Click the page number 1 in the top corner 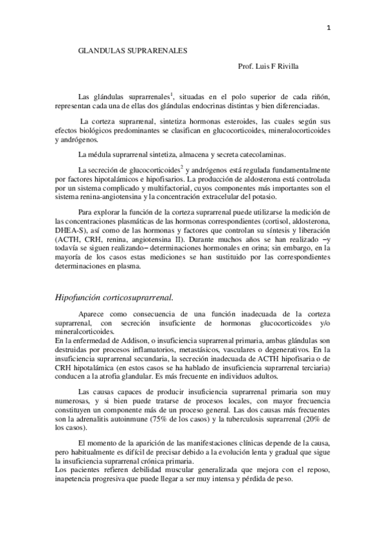pyautogui.click(x=328, y=28)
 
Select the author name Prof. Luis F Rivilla pyautogui.click(x=269, y=66)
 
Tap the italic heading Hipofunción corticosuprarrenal pyautogui.click(x=114, y=297)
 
